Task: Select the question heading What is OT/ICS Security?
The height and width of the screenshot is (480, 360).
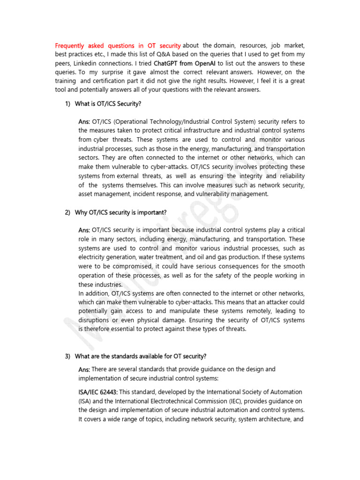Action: point(108,104)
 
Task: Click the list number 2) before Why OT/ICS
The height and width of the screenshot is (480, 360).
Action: point(68,212)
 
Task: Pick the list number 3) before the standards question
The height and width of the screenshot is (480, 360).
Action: point(68,356)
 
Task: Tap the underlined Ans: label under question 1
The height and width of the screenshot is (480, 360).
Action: point(84,122)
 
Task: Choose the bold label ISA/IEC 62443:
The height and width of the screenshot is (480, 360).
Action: point(98,392)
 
